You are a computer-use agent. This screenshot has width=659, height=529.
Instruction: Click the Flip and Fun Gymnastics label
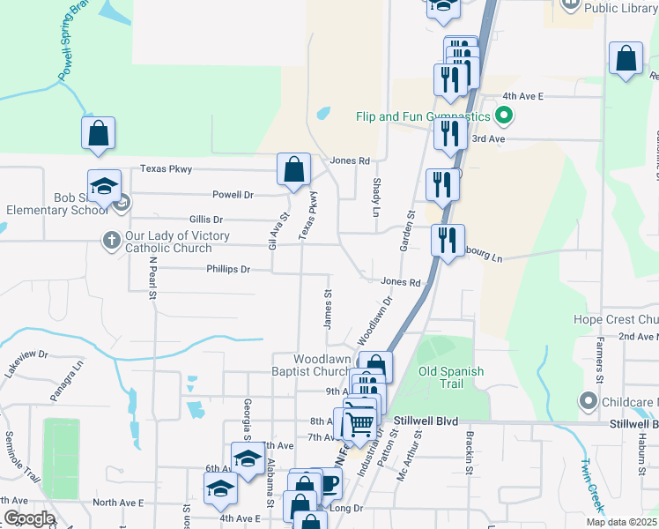coord(423,116)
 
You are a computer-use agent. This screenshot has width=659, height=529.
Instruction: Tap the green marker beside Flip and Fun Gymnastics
coord(504,115)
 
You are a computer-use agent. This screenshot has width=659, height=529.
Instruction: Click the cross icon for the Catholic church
coord(110,240)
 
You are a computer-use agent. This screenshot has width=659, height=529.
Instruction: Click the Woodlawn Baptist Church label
coord(323,365)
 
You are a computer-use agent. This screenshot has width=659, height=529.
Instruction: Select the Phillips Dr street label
coord(229,269)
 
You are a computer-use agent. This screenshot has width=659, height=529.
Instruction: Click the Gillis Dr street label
coord(206,219)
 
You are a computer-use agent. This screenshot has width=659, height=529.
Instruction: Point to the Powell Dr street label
coord(233,194)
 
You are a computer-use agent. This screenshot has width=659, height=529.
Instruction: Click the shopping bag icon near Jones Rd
coord(293,169)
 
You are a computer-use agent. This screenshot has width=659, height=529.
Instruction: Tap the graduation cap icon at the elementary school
coord(104,185)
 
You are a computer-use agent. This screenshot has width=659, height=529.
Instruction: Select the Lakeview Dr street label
coord(26,362)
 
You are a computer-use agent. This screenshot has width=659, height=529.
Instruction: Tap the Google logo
coord(28,518)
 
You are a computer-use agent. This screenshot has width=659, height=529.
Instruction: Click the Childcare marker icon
coord(589,401)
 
